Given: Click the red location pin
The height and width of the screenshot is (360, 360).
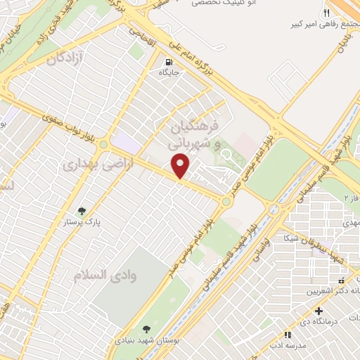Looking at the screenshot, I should pos(181,166).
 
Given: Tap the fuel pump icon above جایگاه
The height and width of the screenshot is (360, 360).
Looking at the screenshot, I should pos(167,60).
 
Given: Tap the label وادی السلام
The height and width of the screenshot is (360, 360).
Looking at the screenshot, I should pos(105,274).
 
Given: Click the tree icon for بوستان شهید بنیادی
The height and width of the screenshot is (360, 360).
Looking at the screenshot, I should pos(146,329).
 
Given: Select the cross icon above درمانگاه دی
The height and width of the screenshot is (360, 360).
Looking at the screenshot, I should pos(320,311).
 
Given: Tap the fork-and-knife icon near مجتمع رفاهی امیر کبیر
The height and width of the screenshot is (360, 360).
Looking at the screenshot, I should pos(326,14).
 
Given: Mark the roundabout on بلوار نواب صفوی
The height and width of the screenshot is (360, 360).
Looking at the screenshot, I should pos(104,145).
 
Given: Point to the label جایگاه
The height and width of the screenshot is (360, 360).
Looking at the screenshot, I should pos(170,72).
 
